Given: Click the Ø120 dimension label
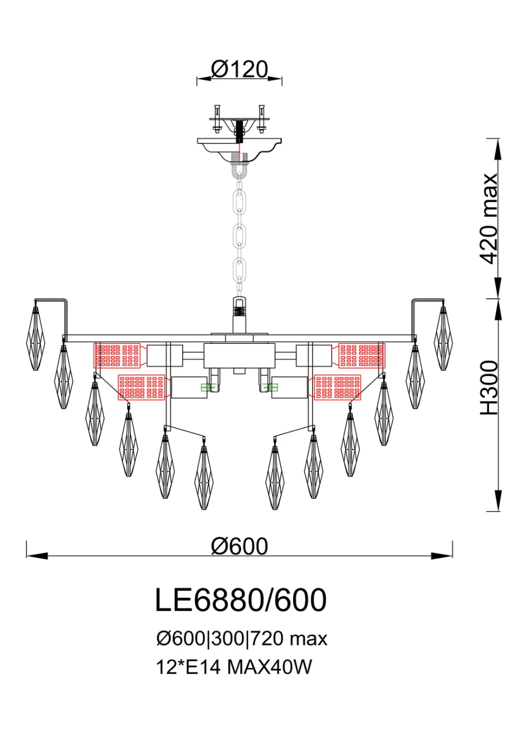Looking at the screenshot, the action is click(x=240, y=69).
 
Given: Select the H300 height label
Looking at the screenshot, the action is click(x=489, y=388).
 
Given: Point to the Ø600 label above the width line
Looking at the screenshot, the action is click(x=240, y=546).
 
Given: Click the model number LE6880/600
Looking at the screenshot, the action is click(x=241, y=600).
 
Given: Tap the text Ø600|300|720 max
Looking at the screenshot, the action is click(x=242, y=639).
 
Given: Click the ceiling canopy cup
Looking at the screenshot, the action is click(x=240, y=149).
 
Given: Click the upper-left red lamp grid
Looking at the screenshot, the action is click(x=117, y=355).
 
